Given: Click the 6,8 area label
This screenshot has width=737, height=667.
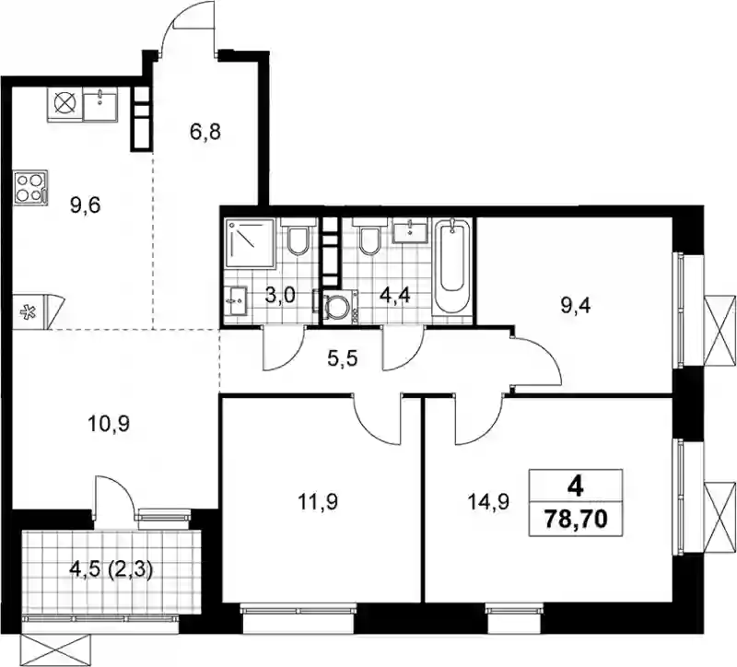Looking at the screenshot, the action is pyautogui.click(x=205, y=132).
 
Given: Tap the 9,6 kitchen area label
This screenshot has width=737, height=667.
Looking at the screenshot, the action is pyautogui.click(x=86, y=205).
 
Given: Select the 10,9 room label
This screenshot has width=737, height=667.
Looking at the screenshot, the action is pyautogui.click(x=109, y=425).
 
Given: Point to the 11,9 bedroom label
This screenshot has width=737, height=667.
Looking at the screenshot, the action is pyautogui.click(x=318, y=502).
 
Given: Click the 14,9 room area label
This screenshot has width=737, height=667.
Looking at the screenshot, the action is pyautogui.click(x=489, y=502).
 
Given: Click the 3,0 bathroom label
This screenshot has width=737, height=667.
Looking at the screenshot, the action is pyautogui.click(x=280, y=296).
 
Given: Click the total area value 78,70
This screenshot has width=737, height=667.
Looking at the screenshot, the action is pyautogui.click(x=576, y=520).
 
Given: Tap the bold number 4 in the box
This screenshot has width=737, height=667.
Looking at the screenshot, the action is pyautogui.click(x=576, y=488).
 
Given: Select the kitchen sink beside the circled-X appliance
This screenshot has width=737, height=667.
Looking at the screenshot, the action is pyautogui.click(x=100, y=103).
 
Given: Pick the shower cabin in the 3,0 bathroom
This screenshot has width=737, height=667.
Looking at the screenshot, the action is pyautogui.click(x=250, y=243).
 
